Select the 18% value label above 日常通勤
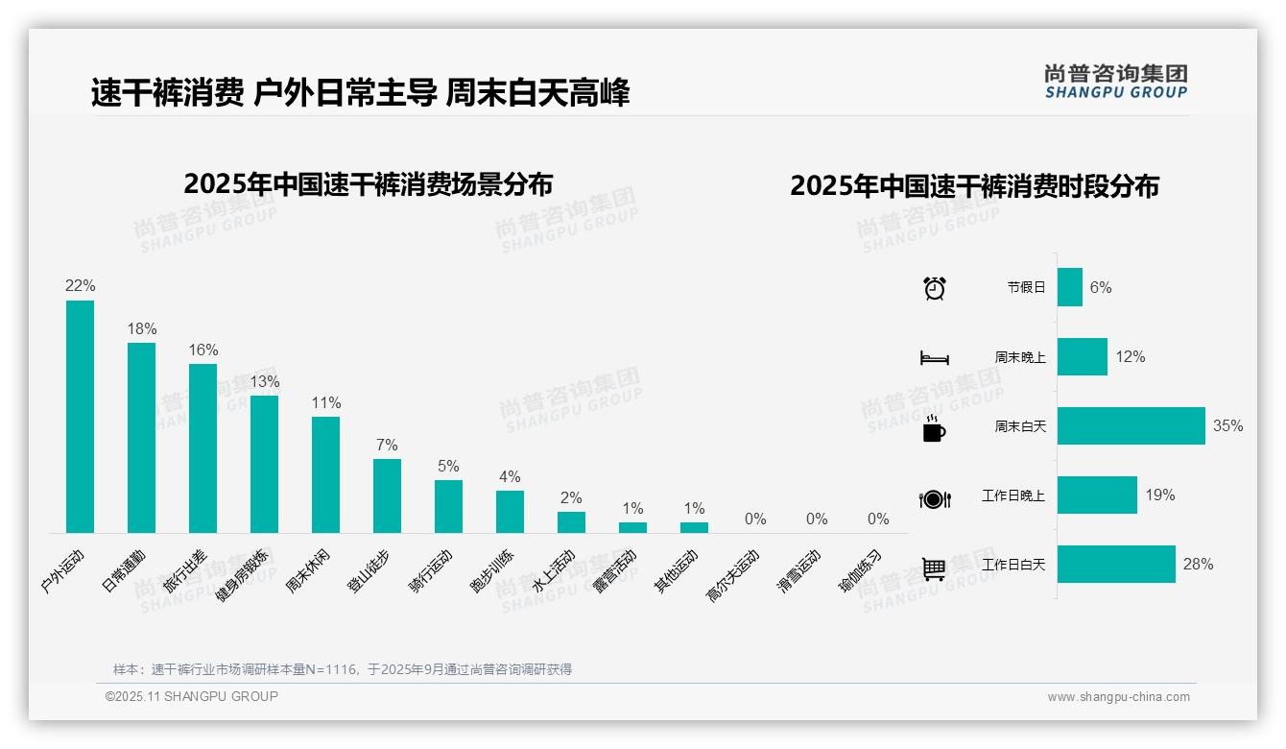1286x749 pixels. click(x=141, y=328)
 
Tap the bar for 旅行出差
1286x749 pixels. click(x=202, y=447)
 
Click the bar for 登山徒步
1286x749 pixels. click(x=387, y=495)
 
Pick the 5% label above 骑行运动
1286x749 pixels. click(x=448, y=466)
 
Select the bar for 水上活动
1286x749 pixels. click(x=571, y=521)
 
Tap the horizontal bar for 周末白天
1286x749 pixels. click(x=1131, y=425)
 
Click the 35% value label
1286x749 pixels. click(x=1227, y=425)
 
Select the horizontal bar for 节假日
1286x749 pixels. click(x=1069, y=287)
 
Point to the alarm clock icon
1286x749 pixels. click(x=934, y=287)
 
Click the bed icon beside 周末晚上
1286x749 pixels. click(x=934, y=358)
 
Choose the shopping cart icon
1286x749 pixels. click(x=934, y=568)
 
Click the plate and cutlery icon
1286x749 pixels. click(x=934, y=498)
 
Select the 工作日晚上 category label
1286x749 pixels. click(x=1012, y=495)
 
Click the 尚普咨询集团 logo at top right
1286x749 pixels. click(x=1115, y=81)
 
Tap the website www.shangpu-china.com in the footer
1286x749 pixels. click(x=1118, y=697)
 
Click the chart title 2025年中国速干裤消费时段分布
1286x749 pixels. click(x=974, y=185)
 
